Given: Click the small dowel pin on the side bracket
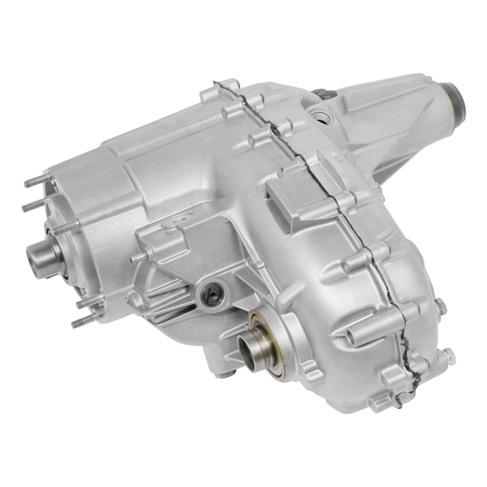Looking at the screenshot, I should [134, 257].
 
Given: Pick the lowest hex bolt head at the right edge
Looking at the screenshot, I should [448, 355].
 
